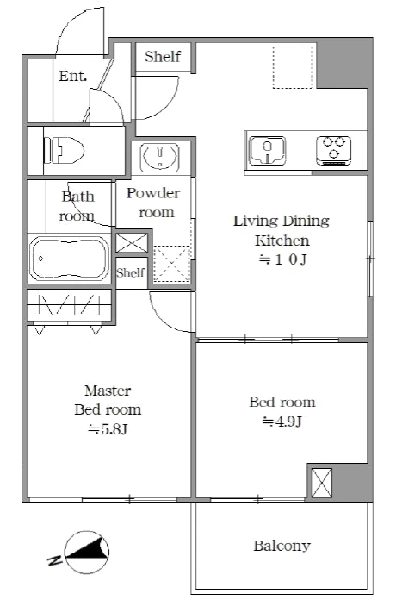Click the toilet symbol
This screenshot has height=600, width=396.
[64, 150]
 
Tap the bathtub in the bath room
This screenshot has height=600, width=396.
[69, 259]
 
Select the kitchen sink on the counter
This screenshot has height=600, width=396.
[268, 151]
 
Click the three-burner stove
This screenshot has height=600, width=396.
[333, 150]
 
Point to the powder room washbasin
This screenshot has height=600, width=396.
[160, 157]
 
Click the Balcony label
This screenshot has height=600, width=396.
[282, 546]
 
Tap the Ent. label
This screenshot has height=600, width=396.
[73, 76]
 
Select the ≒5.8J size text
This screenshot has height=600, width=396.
[108, 429]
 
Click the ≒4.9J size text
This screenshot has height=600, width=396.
[282, 422]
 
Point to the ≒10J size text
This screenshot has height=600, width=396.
[282, 259]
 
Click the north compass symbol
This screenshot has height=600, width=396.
[87, 553]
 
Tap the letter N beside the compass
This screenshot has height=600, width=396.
[54, 560]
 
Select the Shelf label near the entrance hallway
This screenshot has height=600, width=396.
[163, 57]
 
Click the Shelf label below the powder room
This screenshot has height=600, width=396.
[131, 272]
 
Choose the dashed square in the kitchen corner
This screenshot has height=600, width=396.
[293, 67]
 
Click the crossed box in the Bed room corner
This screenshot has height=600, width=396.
[321, 483]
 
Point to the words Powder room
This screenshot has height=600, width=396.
[153, 203]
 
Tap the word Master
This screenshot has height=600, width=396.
[108, 391]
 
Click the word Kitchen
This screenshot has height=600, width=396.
[282, 241]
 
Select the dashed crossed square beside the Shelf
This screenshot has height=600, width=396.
[171, 264]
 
